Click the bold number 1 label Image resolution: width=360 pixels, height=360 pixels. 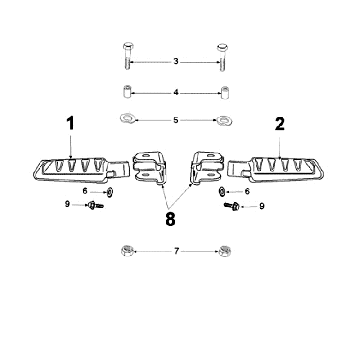click(71, 124)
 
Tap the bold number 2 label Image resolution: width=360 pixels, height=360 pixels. click(279, 124)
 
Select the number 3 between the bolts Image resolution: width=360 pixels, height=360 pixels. click(176, 61)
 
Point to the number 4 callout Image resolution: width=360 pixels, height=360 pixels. click(176, 92)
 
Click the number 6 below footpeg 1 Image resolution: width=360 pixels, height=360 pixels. click(85, 190)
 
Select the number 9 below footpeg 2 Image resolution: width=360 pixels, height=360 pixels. click(262, 207)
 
